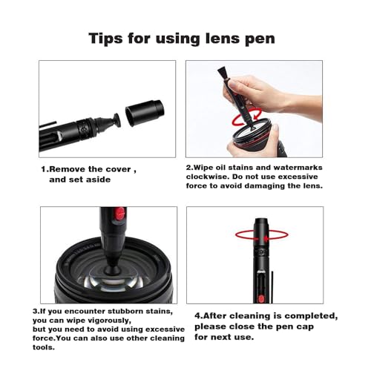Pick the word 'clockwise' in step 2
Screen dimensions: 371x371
pos(208,177)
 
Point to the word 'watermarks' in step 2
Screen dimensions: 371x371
pos(299,167)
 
